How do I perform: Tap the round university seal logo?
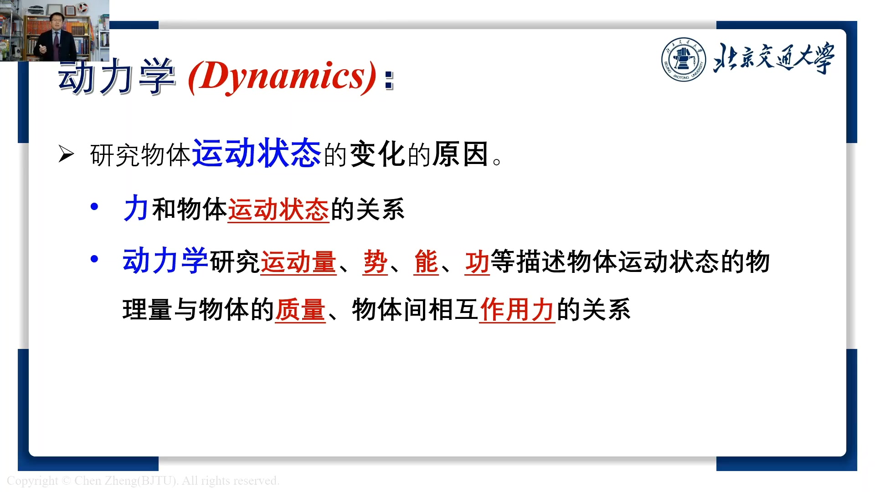(683, 60)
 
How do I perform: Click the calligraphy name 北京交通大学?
(774, 59)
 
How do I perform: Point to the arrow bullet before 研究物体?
(66, 154)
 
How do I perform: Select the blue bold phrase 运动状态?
(257, 154)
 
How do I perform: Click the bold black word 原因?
(461, 154)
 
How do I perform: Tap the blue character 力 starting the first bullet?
(135, 209)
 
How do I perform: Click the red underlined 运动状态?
(278, 210)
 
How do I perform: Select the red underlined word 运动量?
(298, 262)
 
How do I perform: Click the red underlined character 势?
(376, 262)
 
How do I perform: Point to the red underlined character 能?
(426, 262)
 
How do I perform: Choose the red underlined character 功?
(477, 262)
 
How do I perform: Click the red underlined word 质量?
(300, 310)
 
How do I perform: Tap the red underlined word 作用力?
(517, 310)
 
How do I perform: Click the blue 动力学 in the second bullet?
(165, 261)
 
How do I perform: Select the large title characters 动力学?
(117, 77)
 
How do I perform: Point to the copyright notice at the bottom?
(143, 481)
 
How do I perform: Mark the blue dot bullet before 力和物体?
(94, 207)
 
